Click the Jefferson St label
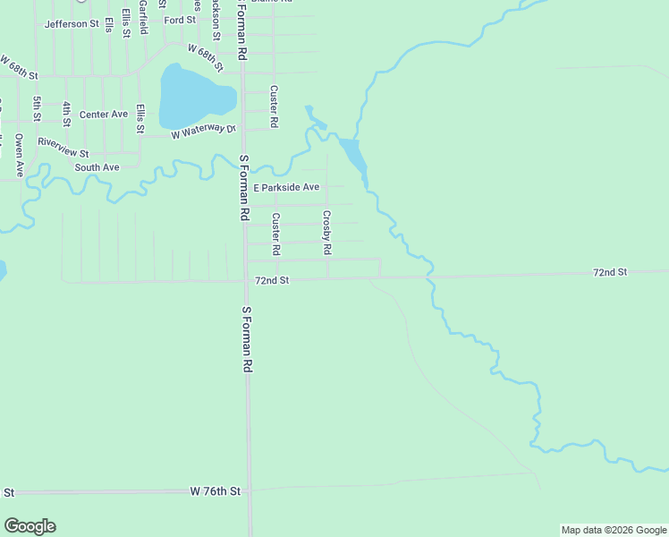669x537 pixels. (x=72, y=23)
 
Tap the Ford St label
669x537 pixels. (x=180, y=20)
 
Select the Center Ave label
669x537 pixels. (x=104, y=115)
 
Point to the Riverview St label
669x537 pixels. (x=64, y=141)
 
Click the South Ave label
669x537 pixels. (x=97, y=167)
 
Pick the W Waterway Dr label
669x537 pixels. (x=203, y=132)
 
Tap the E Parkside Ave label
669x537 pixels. (x=286, y=188)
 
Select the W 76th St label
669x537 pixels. (x=216, y=491)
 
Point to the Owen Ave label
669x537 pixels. (x=19, y=154)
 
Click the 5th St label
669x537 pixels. (x=38, y=109)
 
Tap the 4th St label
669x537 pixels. (x=67, y=113)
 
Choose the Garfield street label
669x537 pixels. (x=143, y=17)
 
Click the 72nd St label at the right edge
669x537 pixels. (x=611, y=271)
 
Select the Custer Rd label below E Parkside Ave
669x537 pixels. (x=276, y=233)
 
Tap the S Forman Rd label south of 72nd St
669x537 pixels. (x=248, y=340)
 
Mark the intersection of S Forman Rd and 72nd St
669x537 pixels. (x=246, y=280)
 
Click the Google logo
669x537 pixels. (x=30, y=526)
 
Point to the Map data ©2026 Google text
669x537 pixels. (x=613, y=530)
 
